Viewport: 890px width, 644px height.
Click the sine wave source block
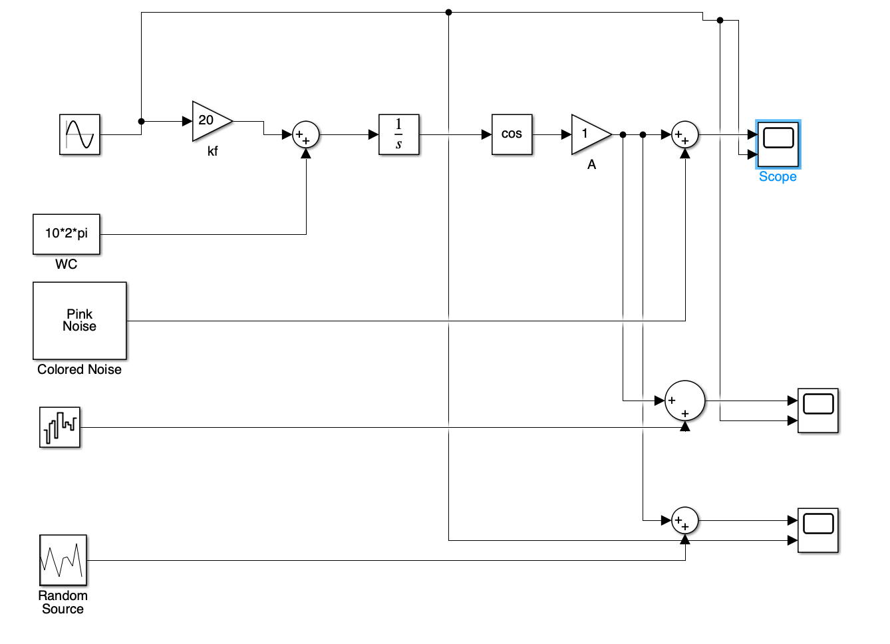pos(80,134)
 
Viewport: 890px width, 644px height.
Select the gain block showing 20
pos(210,121)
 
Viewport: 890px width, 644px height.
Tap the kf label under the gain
pos(213,152)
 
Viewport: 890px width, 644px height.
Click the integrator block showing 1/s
pos(399,134)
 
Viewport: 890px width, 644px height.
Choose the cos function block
pos(512,134)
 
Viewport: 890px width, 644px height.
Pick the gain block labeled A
pos(589,134)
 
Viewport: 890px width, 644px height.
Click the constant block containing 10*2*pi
pos(67,234)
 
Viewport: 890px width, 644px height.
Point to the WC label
pos(67,265)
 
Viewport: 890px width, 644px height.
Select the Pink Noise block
pos(80,321)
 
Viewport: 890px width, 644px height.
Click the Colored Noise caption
pos(80,370)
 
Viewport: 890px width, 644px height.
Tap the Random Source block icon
pos(63,560)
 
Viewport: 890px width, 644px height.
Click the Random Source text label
pos(63,602)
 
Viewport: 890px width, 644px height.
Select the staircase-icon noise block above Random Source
pos(60,427)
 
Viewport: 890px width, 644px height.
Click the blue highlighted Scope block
pos(778,144)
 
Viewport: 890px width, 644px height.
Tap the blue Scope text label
pos(778,177)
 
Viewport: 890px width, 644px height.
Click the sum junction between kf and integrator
pos(306,134)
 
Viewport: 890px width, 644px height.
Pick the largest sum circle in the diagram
pos(685,401)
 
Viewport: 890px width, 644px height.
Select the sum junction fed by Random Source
pos(685,520)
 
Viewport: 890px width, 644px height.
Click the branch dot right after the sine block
pos(141,121)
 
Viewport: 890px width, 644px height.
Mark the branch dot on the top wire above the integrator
pos(448,12)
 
